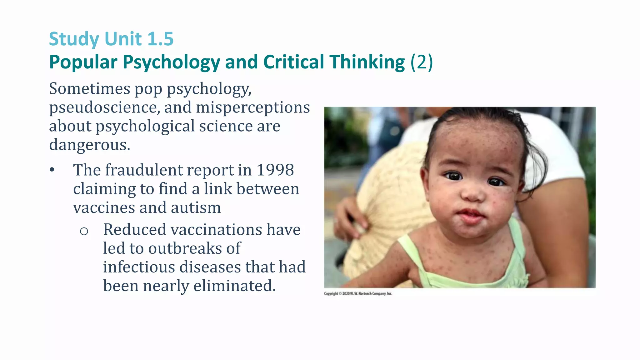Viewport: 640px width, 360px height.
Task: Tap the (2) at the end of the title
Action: pyautogui.click(x=422, y=62)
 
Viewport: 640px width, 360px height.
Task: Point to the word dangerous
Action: pyautogui.click(x=89, y=145)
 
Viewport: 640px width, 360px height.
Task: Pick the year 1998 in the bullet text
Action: pyautogui.click(x=275, y=170)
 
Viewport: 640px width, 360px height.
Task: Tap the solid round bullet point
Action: pyautogui.click(x=52, y=170)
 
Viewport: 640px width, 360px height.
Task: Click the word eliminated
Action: pyautogui.click(x=235, y=286)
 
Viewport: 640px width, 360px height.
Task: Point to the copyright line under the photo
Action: pyautogui.click(x=358, y=293)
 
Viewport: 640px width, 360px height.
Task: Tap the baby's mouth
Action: pyautogui.click(x=471, y=216)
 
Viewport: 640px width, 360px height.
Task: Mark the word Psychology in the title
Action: pyautogui.click(x=171, y=62)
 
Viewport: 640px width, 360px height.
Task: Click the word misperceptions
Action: pyautogui.click(x=253, y=108)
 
